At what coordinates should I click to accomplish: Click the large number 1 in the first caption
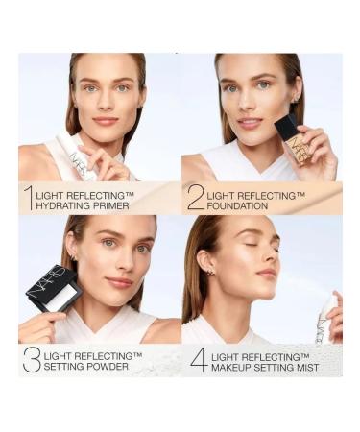[28, 198]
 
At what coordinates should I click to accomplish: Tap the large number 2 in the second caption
[196, 198]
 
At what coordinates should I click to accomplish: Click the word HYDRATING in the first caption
[65, 204]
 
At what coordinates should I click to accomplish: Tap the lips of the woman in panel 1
[106, 121]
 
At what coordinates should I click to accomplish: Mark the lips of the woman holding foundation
[252, 123]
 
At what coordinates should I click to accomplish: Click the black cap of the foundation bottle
[285, 126]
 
